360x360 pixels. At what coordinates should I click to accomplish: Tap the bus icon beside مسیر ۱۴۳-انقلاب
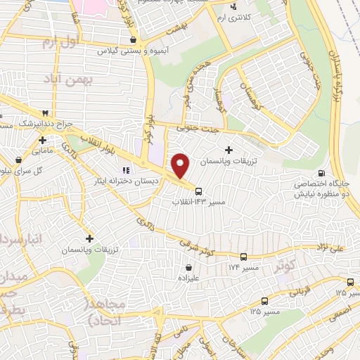[x=199, y=191]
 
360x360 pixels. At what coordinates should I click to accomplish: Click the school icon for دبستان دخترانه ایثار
[x=127, y=169]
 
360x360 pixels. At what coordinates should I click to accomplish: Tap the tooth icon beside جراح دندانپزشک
[x=46, y=113]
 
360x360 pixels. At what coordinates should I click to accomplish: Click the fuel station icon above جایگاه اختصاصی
[x=322, y=174]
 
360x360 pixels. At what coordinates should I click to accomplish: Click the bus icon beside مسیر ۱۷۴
[x=244, y=257]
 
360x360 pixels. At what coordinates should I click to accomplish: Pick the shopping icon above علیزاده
[x=190, y=267]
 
